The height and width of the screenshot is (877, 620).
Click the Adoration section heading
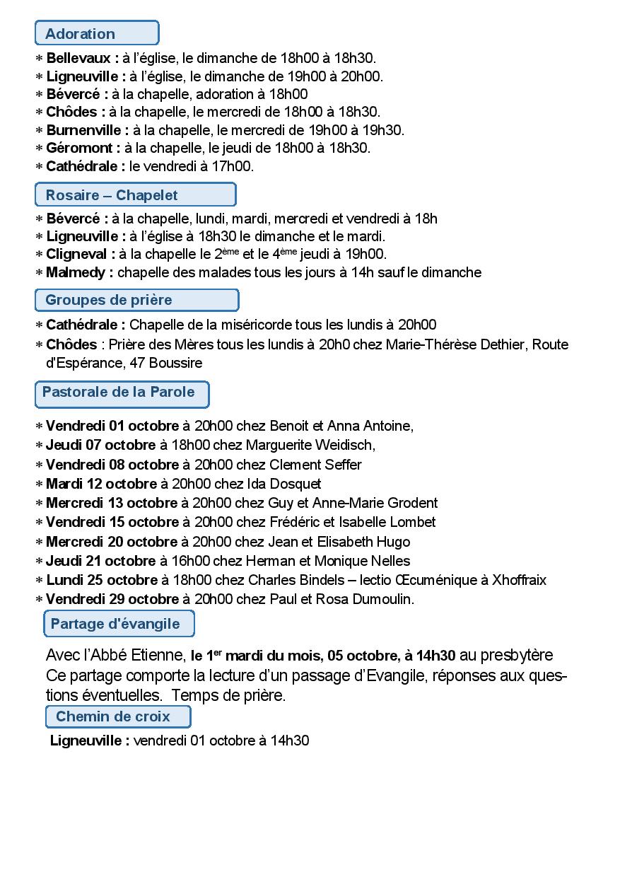(96, 33)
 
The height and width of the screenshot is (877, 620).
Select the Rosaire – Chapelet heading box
(135, 194)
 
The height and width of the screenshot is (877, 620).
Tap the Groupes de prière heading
(136, 300)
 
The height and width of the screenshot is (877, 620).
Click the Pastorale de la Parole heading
(122, 393)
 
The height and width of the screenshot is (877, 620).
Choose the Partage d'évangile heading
(119, 624)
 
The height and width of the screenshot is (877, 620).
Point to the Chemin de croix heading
(117, 716)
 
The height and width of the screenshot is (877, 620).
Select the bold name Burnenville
(84, 130)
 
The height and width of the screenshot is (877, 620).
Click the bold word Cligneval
(76, 254)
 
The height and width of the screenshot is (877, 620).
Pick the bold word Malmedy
(75, 272)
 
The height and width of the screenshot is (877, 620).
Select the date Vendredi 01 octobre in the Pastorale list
(112, 426)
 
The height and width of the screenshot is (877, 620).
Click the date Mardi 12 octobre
(101, 484)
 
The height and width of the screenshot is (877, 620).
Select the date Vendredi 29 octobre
(112, 599)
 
